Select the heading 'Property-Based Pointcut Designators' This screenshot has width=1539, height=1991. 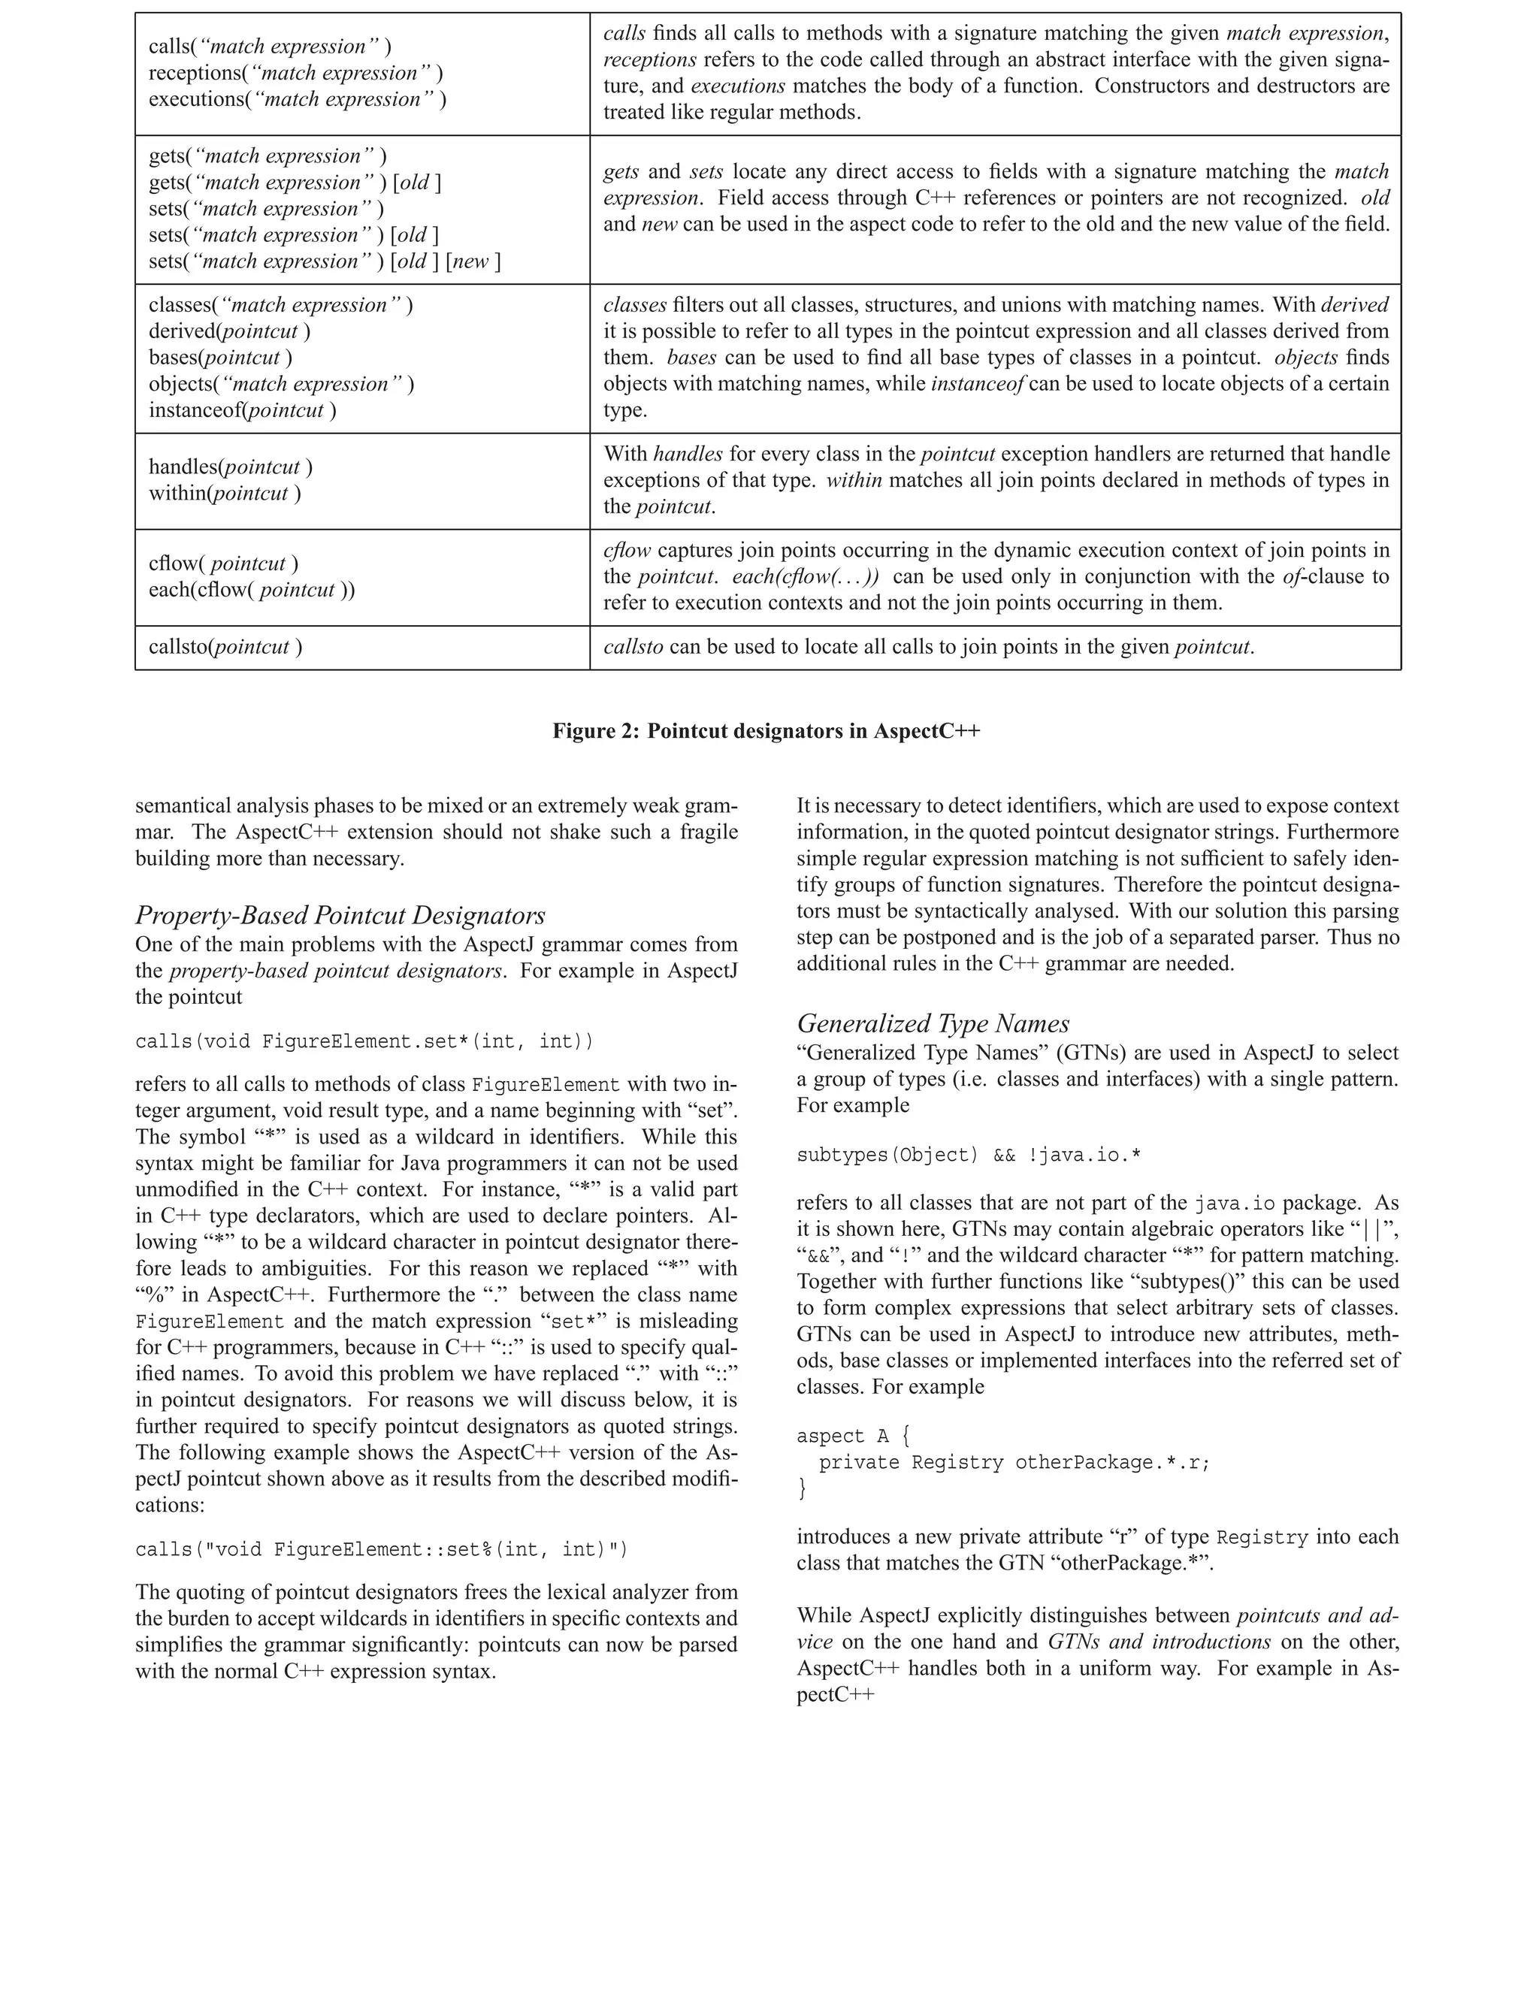[x=340, y=915]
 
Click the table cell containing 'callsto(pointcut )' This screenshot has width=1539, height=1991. [x=225, y=647]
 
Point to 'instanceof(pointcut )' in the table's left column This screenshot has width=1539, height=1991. [x=243, y=410]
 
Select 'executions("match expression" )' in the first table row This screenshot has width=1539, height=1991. [x=298, y=99]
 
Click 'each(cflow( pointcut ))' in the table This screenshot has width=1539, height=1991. [x=252, y=590]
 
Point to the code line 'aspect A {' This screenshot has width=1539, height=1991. [x=852, y=1436]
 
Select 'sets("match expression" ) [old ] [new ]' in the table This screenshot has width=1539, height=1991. [x=325, y=261]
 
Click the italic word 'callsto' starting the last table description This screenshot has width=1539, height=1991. [x=633, y=647]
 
